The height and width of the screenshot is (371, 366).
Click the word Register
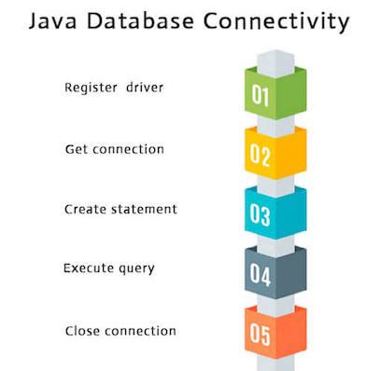click(90, 89)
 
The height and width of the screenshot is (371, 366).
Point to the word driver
click(143, 89)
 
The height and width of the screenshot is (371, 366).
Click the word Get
click(77, 149)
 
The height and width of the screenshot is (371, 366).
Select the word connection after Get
click(130, 149)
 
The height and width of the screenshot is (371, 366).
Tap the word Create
click(87, 209)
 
